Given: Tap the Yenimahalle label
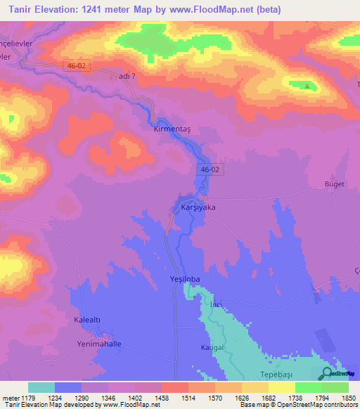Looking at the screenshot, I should tap(99, 344).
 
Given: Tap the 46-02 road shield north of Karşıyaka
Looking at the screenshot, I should tap(210, 169).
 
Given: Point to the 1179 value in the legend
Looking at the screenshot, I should tap(27, 398).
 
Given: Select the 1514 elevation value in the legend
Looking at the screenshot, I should tap(188, 398).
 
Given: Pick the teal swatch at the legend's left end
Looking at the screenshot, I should tap(41, 387).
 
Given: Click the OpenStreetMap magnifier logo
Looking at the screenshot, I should tap(326, 374).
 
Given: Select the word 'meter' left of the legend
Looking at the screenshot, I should tap(9, 398).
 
